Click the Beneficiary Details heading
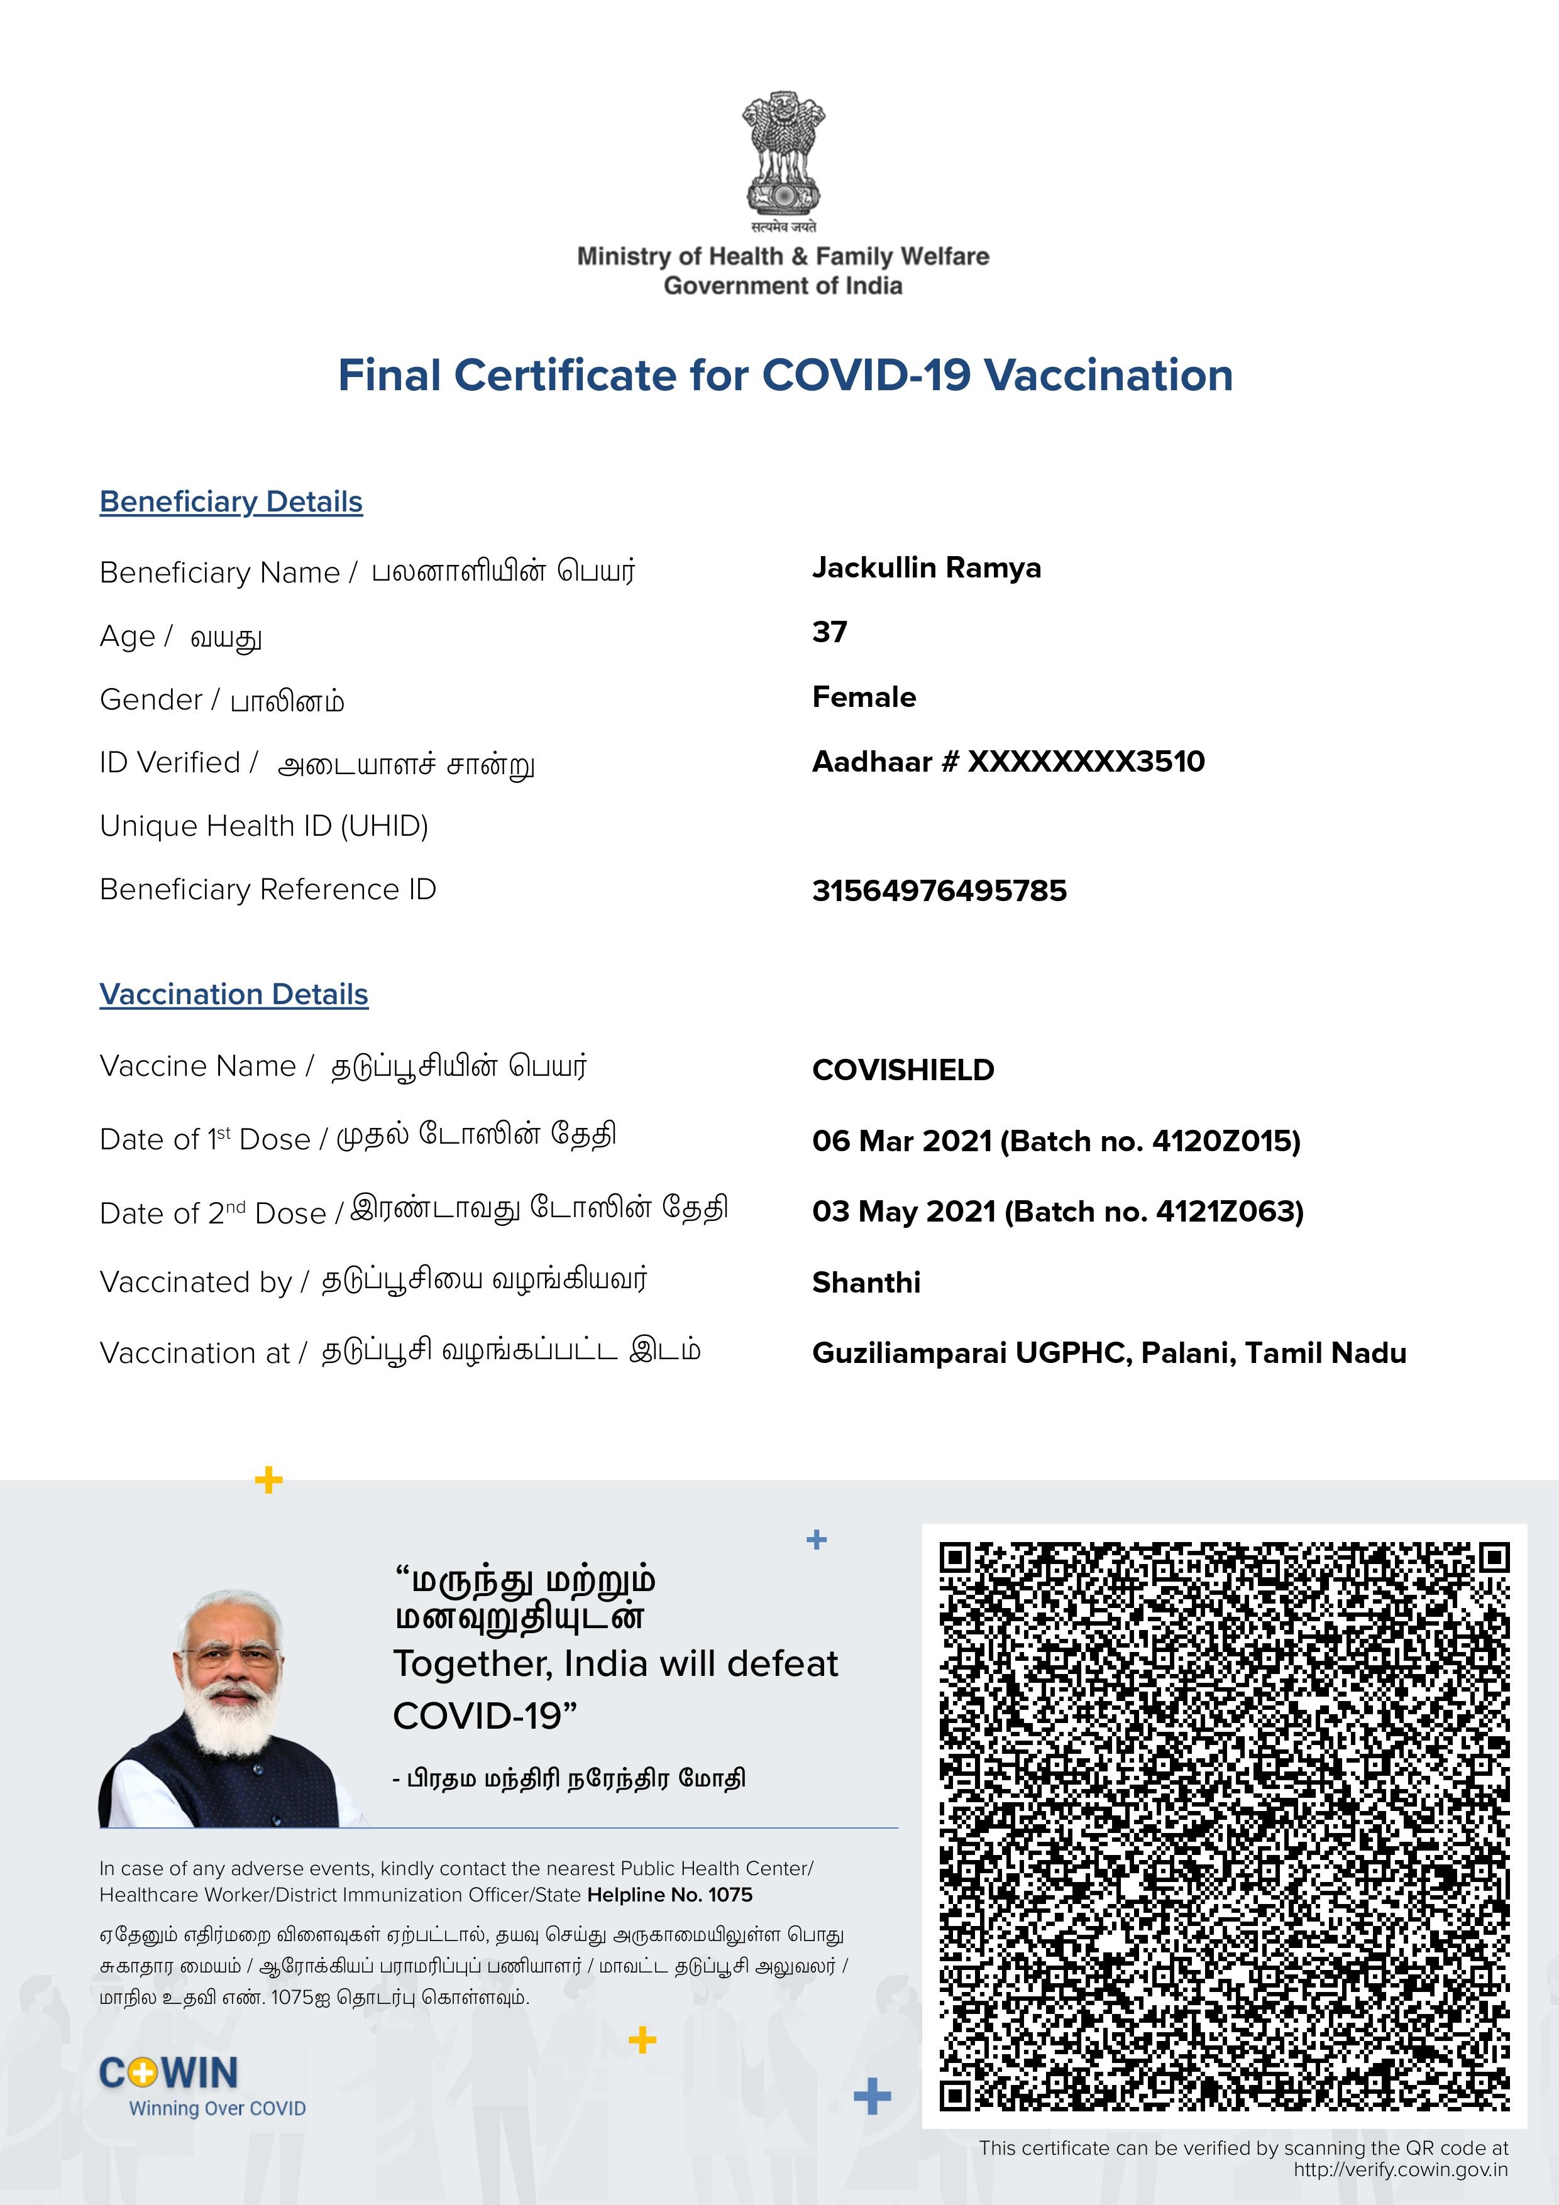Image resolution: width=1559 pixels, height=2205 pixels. pyautogui.click(x=231, y=501)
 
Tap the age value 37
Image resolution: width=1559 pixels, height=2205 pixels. pyautogui.click(x=829, y=632)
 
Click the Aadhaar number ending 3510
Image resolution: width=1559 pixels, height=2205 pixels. pyautogui.click(x=1008, y=762)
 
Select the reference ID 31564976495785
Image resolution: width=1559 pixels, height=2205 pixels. pyautogui.click(x=939, y=890)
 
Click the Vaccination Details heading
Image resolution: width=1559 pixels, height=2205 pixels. pyautogui.click(x=233, y=994)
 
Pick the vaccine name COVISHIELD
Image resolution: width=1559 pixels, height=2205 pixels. pyautogui.click(x=903, y=1070)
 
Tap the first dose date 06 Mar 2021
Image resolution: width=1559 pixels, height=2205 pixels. pyautogui.click(x=901, y=1141)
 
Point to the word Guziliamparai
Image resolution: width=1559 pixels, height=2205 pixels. pyautogui.click(x=909, y=1353)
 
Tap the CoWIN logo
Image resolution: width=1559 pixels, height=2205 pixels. pyautogui.click(x=170, y=2074)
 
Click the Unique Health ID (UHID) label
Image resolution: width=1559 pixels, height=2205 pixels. pyautogui.click(x=263, y=826)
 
